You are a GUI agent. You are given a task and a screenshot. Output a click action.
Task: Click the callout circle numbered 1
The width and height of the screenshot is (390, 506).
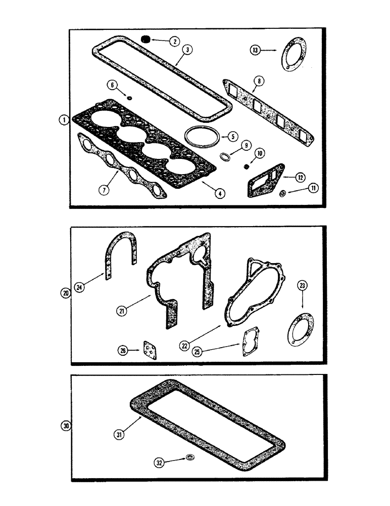coord(63,120)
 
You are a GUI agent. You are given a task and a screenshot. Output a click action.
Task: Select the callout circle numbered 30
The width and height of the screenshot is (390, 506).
coord(65,427)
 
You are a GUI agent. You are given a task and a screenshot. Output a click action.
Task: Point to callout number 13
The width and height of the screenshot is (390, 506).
coord(256,50)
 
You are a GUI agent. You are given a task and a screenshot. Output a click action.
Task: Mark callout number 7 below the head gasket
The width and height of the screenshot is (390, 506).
coord(104,190)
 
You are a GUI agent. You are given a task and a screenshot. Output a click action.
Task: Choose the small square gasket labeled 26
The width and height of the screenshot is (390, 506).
coord(150,350)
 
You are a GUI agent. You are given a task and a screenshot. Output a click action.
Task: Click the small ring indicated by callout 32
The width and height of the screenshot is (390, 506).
coord(190,458)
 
